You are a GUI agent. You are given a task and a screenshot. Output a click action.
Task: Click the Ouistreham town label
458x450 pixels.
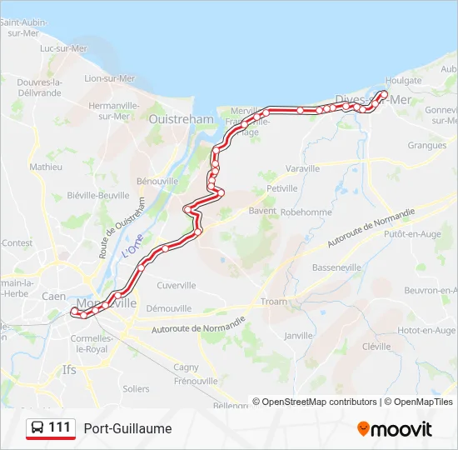(181, 119)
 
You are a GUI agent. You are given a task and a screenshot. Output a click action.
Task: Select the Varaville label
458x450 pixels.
(302, 168)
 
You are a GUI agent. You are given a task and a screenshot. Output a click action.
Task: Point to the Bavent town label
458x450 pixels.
(261, 212)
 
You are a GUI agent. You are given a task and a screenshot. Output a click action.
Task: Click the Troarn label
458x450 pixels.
(273, 302)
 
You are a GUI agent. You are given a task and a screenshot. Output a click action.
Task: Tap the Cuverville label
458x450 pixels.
(176, 285)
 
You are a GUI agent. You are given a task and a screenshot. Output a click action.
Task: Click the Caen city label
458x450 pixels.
(53, 296)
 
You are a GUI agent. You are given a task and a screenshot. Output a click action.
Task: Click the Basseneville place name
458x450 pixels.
(337, 267)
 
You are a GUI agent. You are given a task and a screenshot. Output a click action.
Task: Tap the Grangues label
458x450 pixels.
(427, 145)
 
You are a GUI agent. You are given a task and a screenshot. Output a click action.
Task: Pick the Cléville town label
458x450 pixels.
(376, 346)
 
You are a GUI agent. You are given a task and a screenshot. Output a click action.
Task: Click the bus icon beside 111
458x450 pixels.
(37, 428)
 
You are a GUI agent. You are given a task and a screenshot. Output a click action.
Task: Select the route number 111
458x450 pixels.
(59, 427)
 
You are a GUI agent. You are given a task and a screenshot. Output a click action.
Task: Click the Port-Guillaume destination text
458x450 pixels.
(127, 428)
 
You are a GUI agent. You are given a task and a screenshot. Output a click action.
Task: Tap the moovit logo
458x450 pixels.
(395, 429)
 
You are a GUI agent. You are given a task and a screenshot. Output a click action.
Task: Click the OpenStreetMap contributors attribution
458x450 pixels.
(315, 402)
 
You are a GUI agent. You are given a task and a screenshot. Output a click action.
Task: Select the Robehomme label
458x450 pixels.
(306, 212)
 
